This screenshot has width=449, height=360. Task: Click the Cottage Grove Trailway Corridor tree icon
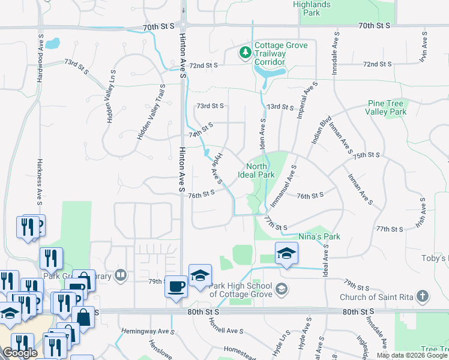pos(245,53)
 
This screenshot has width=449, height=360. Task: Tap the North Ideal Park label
pos(256,171)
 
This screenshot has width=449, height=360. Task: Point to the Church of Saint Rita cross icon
pos(423,296)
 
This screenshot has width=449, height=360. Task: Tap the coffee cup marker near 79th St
pos(176,286)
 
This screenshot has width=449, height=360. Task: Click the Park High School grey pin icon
pos(281,290)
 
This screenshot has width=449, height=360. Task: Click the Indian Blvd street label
pos(318,129)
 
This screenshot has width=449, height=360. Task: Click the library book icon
pos(121,275)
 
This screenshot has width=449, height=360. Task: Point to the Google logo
pos(20,353)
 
